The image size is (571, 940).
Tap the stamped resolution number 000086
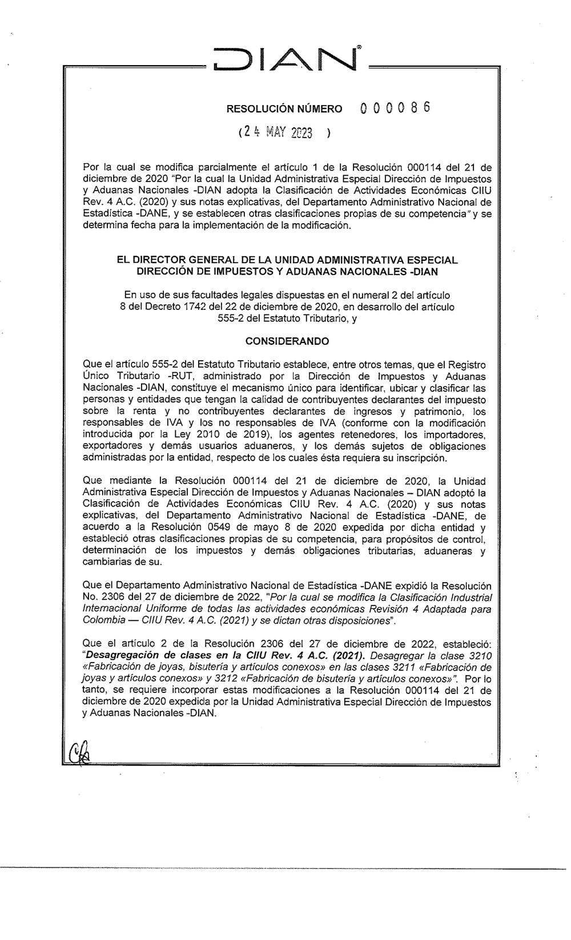click(x=396, y=108)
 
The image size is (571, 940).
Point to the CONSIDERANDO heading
click(x=287, y=341)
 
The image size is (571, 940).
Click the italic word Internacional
click(x=111, y=609)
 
